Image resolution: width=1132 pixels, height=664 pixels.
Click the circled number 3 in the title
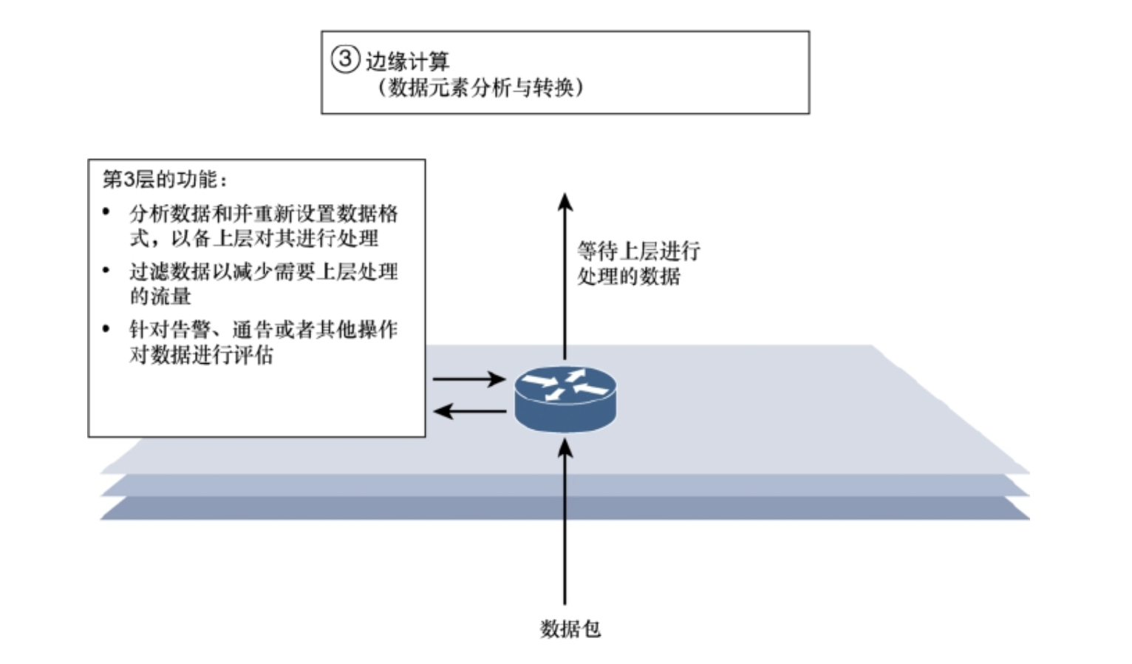[344, 58]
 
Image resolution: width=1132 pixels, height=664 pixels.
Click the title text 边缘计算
[407, 61]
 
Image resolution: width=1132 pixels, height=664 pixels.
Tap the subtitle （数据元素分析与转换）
[480, 88]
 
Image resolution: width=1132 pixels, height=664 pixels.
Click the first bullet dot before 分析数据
[106, 213]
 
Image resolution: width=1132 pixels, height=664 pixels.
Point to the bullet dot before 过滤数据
[106, 271]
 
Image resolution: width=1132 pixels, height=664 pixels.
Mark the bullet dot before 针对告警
[106, 328]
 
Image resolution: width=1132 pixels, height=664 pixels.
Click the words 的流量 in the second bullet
[160, 297]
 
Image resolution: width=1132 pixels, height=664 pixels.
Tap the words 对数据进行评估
[201, 355]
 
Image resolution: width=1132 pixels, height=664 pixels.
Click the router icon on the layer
[565, 399]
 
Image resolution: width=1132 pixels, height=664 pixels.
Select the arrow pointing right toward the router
[468, 380]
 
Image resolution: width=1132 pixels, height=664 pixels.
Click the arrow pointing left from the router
[468, 411]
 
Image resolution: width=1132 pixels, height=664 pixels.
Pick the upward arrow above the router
[565, 274]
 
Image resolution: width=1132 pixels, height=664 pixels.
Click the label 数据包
[570, 629]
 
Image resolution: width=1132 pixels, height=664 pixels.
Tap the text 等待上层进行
[638, 251]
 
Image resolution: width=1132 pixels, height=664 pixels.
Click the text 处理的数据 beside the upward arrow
[629, 277]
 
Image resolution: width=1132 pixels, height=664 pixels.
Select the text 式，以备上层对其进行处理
[254, 239]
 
